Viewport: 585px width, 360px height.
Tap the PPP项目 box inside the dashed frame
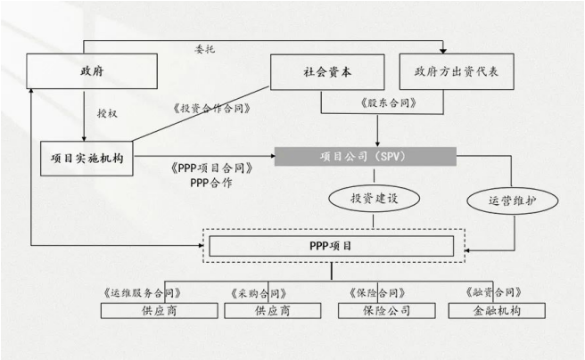335,244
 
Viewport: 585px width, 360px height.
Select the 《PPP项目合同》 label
210,167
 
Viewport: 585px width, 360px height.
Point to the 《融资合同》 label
493,292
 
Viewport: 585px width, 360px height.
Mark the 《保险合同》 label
377,292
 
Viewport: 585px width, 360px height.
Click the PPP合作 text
211,182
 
